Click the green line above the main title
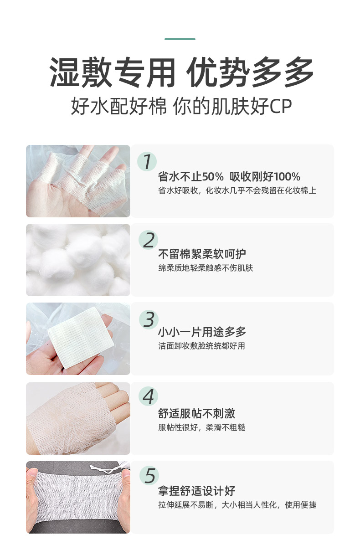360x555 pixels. (180, 39)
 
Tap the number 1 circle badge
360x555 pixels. (147, 161)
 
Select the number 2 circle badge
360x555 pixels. (148, 240)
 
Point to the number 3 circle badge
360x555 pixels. (149, 319)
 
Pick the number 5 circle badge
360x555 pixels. (149, 475)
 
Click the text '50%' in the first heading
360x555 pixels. (213, 177)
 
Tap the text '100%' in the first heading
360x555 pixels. (288, 177)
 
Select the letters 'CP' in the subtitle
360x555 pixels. (280, 106)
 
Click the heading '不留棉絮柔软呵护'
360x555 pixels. (202, 254)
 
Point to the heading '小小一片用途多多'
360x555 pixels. (202, 332)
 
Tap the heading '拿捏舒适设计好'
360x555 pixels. (196, 491)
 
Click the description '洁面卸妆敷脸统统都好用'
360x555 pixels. (202, 346)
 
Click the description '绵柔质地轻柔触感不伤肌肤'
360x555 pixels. (206, 268)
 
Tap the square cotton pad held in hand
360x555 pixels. (81, 338)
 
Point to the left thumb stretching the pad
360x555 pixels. (32, 479)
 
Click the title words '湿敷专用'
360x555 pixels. (113, 72)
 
